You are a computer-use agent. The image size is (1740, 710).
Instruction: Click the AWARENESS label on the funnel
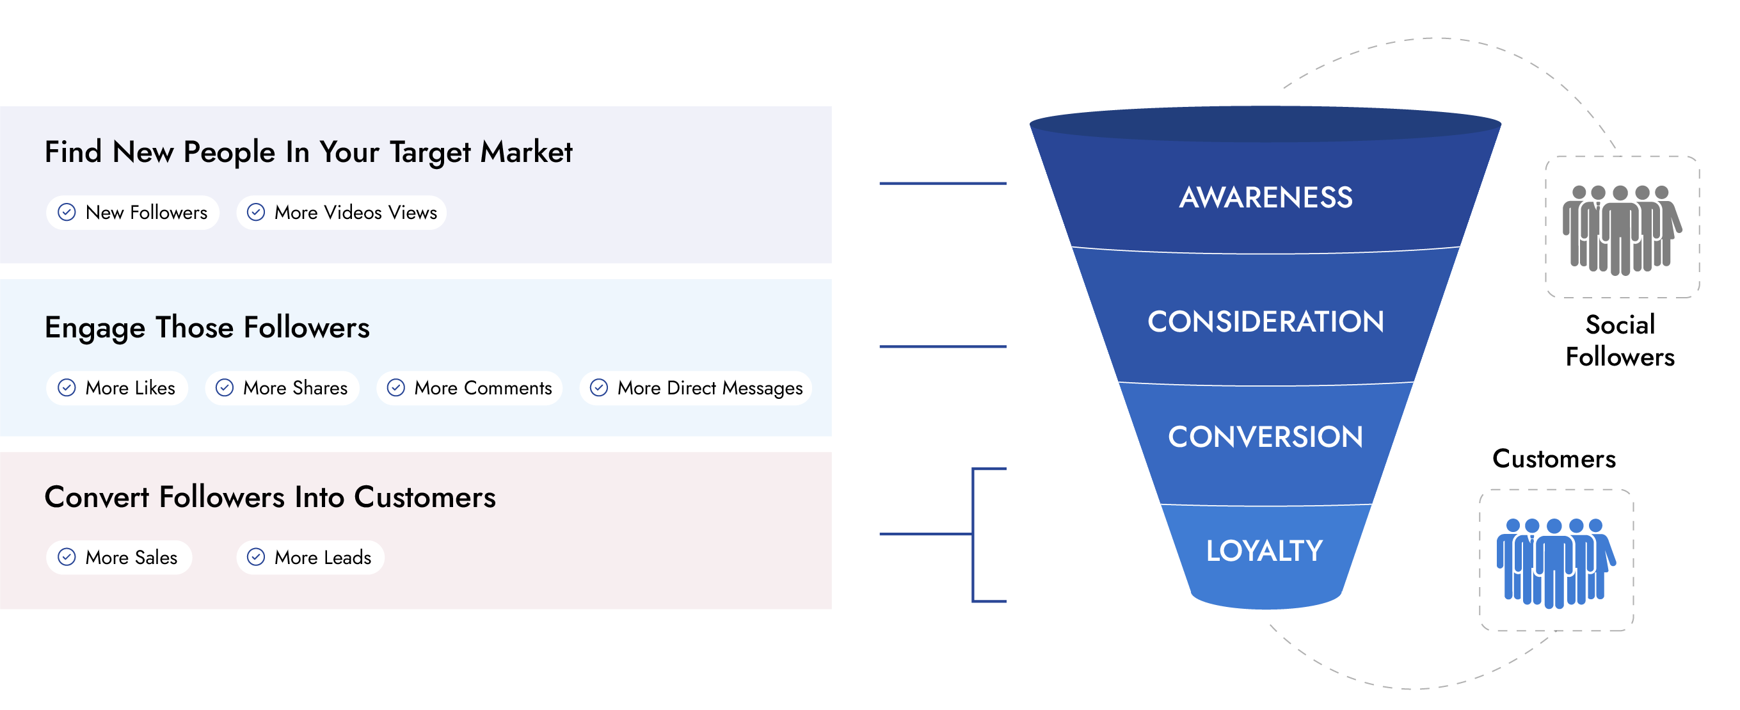[x=1266, y=197]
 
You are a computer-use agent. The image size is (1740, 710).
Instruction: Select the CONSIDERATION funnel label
[x=1266, y=321]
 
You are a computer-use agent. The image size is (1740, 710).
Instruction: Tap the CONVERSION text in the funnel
[x=1266, y=437]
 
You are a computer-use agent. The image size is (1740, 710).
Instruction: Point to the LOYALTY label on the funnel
[x=1265, y=551]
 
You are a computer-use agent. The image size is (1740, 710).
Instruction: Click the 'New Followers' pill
[x=132, y=213]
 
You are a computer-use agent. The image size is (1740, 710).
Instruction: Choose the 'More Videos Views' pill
[x=341, y=213]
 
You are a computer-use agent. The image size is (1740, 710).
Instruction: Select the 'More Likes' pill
[x=117, y=388]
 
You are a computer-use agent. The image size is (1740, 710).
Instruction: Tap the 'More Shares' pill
[x=282, y=388]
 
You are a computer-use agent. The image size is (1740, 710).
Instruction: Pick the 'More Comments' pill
[x=470, y=388]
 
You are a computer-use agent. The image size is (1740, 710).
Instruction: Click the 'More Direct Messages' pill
[x=696, y=388]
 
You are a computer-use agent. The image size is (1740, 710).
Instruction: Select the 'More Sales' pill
[x=119, y=558]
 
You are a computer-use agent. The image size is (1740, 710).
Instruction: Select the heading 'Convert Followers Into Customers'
[x=270, y=497]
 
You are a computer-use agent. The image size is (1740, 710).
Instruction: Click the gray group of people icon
[x=1621, y=230]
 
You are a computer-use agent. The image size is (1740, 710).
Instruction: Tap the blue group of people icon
[x=1556, y=563]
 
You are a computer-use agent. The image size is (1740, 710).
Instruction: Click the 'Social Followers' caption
[x=1620, y=341]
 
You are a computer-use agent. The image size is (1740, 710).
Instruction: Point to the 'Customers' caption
[x=1554, y=458]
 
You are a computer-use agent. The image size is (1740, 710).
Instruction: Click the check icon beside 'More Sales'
[x=67, y=558]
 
